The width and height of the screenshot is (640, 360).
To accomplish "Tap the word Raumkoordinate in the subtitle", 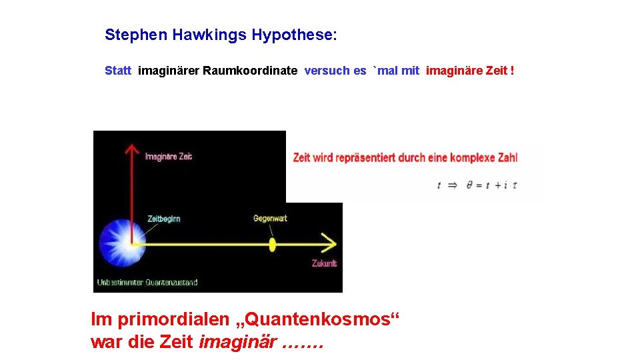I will (x=250, y=71).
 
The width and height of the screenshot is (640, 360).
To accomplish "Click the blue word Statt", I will (x=118, y=71).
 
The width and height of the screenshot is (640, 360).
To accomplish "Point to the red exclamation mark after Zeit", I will (x=512, y=71).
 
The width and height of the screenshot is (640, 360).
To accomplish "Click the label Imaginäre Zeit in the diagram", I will (x=169, y=157).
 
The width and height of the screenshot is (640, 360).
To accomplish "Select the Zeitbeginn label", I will (x=164, y=219).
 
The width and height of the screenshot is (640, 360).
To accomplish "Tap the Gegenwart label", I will (x=270, y=219).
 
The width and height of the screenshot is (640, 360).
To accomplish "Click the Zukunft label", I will (x=324, y=263).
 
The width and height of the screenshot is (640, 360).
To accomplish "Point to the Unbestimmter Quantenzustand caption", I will (x=147, y=282).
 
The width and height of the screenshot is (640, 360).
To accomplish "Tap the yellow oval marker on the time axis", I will (x=272, y=243).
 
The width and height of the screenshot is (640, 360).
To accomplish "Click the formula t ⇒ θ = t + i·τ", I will (x=477, y=185).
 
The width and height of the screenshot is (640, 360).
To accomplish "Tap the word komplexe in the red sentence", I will (x=473, y=158).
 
